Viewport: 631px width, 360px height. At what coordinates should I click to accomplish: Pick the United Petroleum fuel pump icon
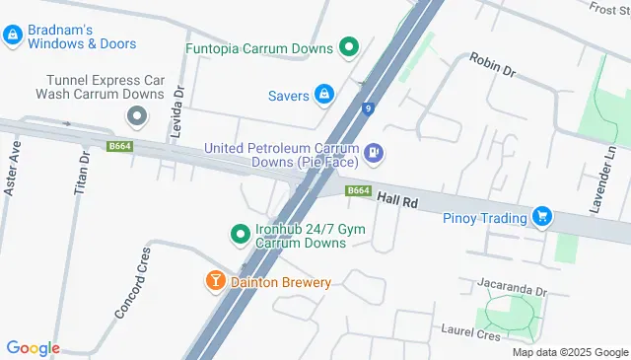[x=375, y=153]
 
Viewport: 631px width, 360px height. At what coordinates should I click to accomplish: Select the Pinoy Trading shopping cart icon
[x=541, y=215]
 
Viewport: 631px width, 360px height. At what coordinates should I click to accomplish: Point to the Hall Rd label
[x=397, y=200]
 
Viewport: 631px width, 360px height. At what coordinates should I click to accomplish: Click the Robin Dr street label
[x=492, y=65]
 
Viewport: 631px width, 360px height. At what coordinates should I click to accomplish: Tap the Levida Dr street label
[x=179, y=100]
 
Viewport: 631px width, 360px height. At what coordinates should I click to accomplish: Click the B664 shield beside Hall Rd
[x=358, y=191]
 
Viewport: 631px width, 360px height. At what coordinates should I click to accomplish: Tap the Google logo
[x=33, y=347]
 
